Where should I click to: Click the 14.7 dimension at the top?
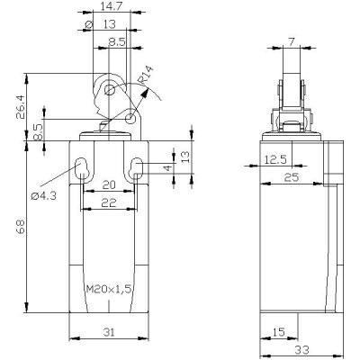click(x=110, y=6)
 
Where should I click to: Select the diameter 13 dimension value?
click(x=110, y=24)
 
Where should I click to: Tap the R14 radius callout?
click(x=146, y=75)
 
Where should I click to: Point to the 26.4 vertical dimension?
click(x=21, y=108)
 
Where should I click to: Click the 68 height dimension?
click(x=21, y=226)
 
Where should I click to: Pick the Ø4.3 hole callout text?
click(x=44, y=196)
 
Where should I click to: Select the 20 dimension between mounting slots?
click(x=109, y=184)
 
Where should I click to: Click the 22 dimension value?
click(x=109, y=203)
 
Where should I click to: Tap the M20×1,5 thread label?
click(x=109, y=289)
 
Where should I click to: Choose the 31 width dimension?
click(x=109, y=332)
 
